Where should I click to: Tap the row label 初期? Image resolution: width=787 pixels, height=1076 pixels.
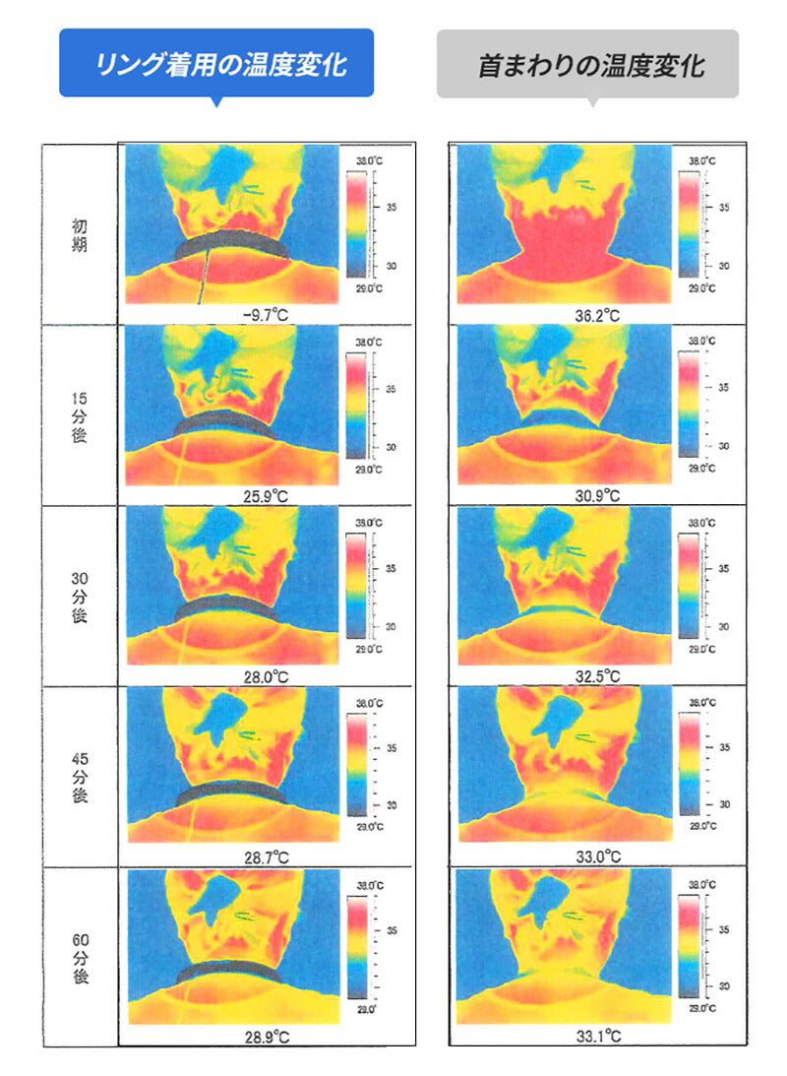point(80,235)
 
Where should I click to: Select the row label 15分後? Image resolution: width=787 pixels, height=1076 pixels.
point(80,414)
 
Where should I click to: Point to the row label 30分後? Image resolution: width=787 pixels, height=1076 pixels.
point(80,596)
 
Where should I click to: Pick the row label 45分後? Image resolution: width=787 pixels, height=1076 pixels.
point(80,777)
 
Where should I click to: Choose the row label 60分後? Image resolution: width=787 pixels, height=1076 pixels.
point(80,957)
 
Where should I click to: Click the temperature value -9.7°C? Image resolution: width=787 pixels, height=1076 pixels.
point(267,314)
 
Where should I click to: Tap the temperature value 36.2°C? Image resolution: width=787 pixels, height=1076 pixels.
point(597,314)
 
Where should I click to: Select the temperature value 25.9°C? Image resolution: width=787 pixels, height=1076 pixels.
point(267,495)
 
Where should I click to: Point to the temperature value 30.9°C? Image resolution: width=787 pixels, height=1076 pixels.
point(597,495)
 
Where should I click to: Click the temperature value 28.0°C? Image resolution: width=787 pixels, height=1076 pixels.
point(267,676)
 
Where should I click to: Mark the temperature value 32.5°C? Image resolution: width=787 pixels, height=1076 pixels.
point(597,676)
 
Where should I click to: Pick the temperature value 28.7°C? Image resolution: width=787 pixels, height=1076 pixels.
point(267,856)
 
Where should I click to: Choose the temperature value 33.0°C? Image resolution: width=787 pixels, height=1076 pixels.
point(597,856)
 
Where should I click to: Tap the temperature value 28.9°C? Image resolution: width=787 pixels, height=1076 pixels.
point(267,1037)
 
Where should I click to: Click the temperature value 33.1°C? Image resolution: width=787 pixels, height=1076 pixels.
point(597,1037)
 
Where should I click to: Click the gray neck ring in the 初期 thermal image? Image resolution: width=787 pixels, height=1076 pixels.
point(232,241)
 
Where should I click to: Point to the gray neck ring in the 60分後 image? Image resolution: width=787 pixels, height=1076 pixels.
point(232,970)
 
